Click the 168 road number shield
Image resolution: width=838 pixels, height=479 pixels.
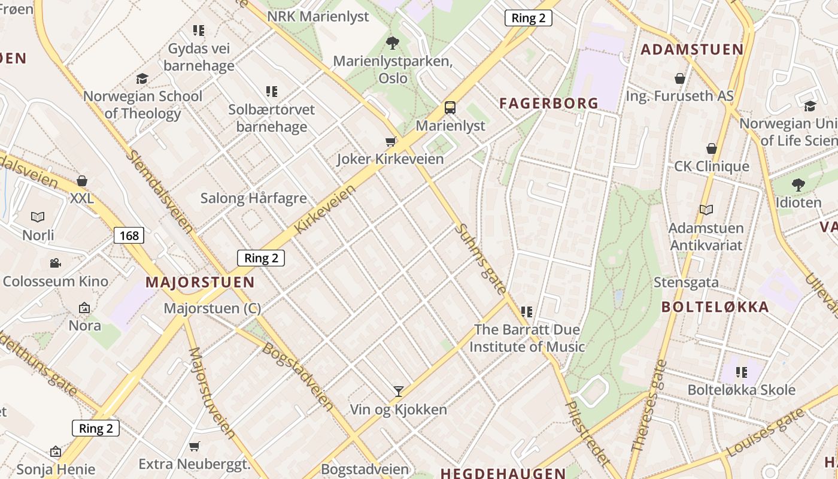pos(129,235)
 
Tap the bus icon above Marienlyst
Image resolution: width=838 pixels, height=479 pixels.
pos(450,108)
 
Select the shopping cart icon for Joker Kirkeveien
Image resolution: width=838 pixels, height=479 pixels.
pos(391,141)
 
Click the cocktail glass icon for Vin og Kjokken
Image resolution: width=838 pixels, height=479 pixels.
pos(399,392)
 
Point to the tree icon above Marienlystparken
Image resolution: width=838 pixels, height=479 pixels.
pos(393,43)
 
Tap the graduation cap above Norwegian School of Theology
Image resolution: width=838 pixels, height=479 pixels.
pos(142,78)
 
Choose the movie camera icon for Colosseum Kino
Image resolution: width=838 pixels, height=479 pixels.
pos(55,263)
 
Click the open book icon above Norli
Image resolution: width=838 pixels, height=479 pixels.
pos(38,217)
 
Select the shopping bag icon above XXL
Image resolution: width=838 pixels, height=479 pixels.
pos(82,180)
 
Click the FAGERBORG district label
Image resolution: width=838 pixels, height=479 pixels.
pos(549,103)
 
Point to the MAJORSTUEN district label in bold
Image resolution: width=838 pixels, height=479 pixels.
pos(200,282)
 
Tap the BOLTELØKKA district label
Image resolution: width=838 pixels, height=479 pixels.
pos(715,307)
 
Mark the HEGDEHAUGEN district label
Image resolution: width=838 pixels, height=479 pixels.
pos(503,473)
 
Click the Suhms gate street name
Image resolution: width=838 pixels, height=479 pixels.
pos(480,259)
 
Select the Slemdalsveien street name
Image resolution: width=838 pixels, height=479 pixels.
pos(160,191)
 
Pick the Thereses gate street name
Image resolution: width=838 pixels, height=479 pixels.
pos(648,405)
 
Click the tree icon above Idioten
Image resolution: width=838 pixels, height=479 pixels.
pos(798,184)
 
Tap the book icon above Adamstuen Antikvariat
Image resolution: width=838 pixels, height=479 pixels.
pos(706,210)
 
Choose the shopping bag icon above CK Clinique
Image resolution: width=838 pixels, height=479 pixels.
pos(712,148)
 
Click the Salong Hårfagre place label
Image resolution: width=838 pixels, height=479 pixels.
pos(253,198)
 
